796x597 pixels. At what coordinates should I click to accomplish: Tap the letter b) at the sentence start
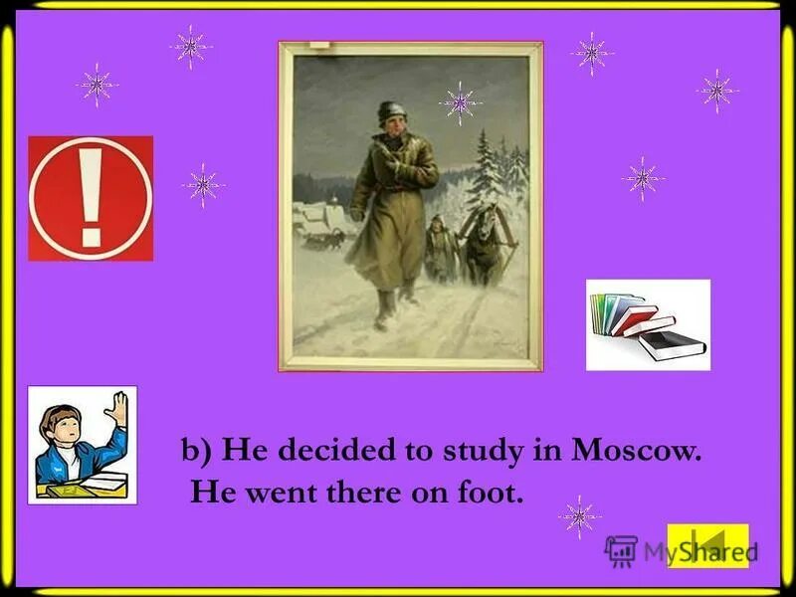click(x=195, y=451)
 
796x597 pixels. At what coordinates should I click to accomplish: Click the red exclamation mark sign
click(x=91, y=198)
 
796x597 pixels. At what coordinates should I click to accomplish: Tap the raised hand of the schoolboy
click(x=117, y=408)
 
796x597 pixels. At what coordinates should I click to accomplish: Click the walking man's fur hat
click(x=391, y=111)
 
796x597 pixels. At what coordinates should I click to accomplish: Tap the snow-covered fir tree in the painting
click(x=487, y=169)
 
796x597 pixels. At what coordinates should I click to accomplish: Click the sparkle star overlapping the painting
click(x=460, y=102)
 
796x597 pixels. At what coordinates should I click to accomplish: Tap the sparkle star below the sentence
click(x=579, y=516)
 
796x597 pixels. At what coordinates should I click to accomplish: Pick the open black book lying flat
click(x=672, y=345)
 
